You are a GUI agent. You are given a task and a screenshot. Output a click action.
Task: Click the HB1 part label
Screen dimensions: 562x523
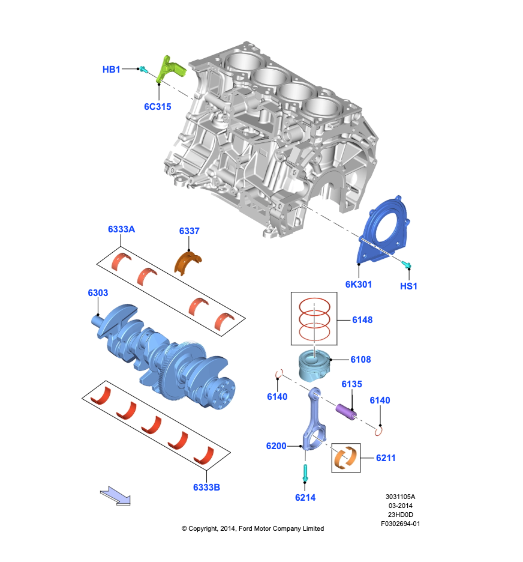coord(112,70)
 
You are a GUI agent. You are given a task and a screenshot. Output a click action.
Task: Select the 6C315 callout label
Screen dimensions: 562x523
coord(157,107)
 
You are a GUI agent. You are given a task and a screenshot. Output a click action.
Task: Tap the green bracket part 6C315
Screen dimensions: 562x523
coord(169,68)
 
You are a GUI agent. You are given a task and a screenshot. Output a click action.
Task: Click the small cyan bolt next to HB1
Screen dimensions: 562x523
coord(144,70)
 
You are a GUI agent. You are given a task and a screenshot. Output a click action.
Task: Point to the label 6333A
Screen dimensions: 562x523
coord(122,229)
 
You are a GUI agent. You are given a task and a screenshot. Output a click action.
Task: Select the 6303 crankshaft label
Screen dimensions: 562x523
coord(98,293)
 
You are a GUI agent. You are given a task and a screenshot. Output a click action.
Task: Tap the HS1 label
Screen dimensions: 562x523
coord(408,286)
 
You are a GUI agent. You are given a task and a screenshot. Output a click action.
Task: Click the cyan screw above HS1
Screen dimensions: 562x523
coord(405,264)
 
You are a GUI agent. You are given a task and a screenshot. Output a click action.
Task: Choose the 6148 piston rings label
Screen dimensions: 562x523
coord(362,320)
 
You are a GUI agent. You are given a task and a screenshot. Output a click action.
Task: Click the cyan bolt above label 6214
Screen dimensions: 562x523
coord(305,473)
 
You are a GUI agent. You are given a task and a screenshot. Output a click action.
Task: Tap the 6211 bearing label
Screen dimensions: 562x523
coord(386,458)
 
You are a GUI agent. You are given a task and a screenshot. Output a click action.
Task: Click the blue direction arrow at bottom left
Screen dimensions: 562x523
coord(115,496)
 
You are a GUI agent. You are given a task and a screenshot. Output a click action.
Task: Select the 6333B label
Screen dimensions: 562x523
coord(206,488)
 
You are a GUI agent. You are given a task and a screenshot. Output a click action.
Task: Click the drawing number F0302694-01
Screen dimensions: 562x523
coord(400,524)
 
